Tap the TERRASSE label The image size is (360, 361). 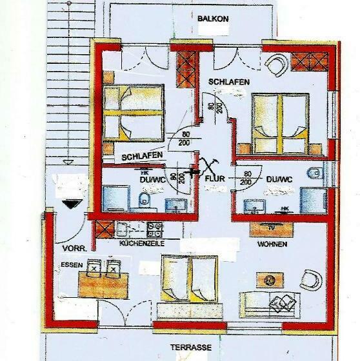point(191,347)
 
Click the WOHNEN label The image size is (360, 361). point(272,245)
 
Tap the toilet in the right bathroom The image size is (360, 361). point(314,175)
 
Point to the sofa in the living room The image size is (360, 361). point(272,303)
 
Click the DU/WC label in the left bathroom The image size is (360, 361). point(152,180)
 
